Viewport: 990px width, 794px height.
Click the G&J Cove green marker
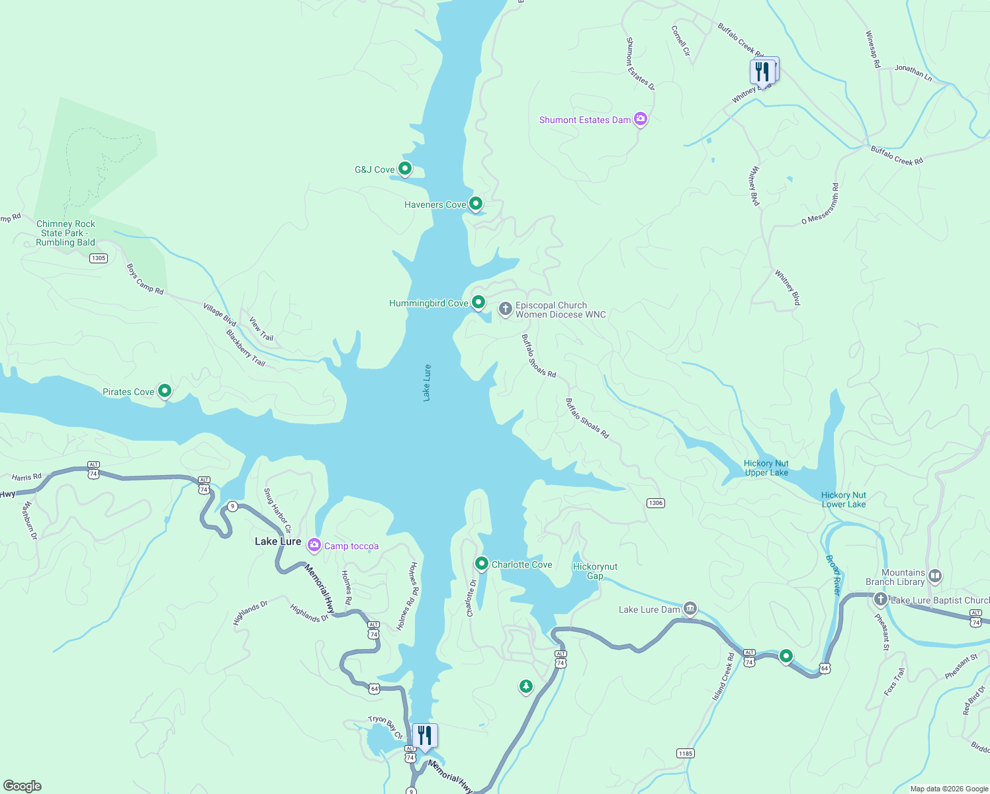click(x=404, y=169)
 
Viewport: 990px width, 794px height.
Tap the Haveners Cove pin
click(x=475, y=203)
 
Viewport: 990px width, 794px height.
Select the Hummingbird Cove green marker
click(x=478, y=302)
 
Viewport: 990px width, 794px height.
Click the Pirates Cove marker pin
click(x=165, y=391)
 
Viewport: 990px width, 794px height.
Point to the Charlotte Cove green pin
click(x=481, y=564)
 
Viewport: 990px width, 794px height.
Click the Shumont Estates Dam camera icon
click(x=640, y=119)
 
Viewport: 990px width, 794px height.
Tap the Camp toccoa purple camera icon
click(x=314, y=545)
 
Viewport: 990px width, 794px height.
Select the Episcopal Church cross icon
click(x=505, y=309)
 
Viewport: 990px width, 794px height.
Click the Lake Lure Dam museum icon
click(x=690, y=608)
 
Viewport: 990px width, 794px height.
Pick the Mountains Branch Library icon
click(x=934, y=576)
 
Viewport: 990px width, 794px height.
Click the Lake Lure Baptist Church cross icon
click(x=880, y=599)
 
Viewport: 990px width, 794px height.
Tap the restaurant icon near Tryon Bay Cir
click(x=425, y=735)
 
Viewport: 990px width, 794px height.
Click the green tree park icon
click(x=525, y=687)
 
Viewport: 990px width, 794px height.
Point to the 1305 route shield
click(x=99, y=258)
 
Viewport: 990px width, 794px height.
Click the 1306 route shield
click(x=655, y=503)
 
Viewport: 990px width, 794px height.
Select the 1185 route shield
click(x=685, y=753)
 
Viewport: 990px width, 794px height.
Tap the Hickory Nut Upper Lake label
click(x=766, y=468)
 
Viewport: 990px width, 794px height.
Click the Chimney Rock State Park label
click(x=66, y=233)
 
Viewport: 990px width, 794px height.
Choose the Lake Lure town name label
click(x=278, y=541)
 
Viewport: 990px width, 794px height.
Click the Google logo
click(x=22, y=785)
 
